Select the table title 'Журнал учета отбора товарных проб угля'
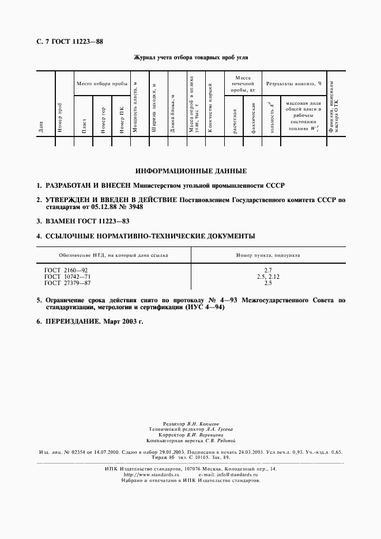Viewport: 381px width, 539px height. point(191,58)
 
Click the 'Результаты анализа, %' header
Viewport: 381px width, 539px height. point(293,84)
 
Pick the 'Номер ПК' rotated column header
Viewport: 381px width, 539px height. point(122,120)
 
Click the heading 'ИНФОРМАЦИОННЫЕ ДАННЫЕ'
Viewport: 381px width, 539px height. point(190,171)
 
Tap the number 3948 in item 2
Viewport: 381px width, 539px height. point(133,207)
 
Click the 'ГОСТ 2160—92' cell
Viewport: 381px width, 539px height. point(66,269)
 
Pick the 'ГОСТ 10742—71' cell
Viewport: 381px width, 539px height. point(67,276)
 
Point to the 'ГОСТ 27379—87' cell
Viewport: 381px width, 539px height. point(67,283)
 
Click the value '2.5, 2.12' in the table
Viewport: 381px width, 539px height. point(267,276)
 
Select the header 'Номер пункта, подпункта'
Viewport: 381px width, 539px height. point(267,255)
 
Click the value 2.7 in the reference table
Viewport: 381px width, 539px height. point(267,269)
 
